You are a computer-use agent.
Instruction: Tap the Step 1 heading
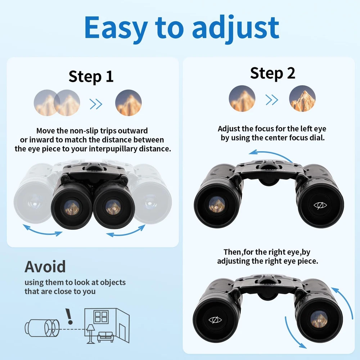pos(91,77)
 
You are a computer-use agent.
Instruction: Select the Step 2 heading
pos(273,73)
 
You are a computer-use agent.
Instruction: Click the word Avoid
pos(45,266)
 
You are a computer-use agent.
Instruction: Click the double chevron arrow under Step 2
pos(272,100)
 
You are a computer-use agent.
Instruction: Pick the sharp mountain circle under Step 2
pos(302,99)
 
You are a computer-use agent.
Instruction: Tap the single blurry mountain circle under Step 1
pos(129,103)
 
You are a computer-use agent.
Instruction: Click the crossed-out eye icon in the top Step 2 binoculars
pos(320,205)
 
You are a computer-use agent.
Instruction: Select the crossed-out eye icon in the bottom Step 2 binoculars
pos(215,320)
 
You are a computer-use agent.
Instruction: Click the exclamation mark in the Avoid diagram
pos(69,316)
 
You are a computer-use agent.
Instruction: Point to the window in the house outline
pos(101,317)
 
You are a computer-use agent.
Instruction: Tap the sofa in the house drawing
pos(105,337)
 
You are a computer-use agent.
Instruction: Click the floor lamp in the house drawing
pos(90,334)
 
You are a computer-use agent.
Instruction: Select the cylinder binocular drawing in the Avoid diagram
pos(42,328)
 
